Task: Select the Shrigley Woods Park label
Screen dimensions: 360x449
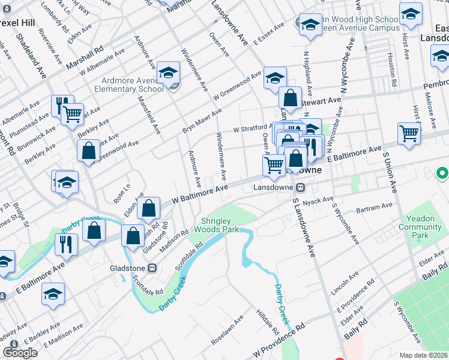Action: tap(220, 225)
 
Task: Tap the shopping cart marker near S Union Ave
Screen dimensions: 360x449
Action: tap(409, 134)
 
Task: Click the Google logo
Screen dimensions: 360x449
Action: tap(20, 353)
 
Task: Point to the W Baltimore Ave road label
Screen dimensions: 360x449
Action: tap(200, 193)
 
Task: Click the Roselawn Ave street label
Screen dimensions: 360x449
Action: tap(226, 331)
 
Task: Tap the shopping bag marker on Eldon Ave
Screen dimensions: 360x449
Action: tap(149, 209)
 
